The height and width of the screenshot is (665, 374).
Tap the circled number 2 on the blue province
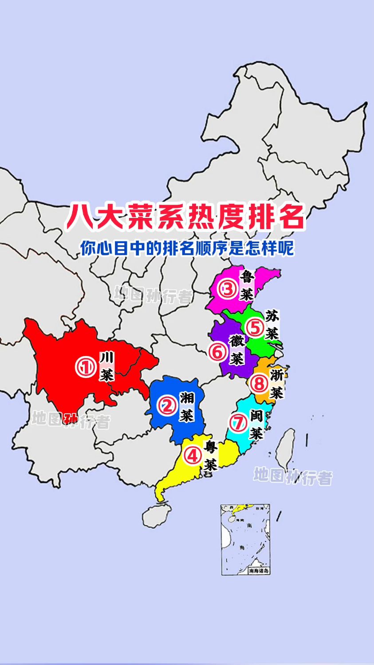[168, 405]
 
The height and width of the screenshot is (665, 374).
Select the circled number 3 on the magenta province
[228, 290]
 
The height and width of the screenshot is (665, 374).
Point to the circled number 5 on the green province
[256, 328]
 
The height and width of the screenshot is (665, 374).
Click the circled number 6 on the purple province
[217, 352]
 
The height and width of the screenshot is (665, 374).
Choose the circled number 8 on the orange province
[259, 384]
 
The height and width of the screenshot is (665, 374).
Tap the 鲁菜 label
[247, 285]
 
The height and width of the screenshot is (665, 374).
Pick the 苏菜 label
[272, 325]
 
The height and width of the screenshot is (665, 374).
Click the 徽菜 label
[236, 349]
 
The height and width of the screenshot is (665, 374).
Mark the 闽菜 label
[256, 424]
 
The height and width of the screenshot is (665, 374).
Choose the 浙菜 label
[276, 383]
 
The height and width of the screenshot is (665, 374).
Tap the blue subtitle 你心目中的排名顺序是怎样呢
[187, 248]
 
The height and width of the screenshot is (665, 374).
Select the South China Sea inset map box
[246, 539]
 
